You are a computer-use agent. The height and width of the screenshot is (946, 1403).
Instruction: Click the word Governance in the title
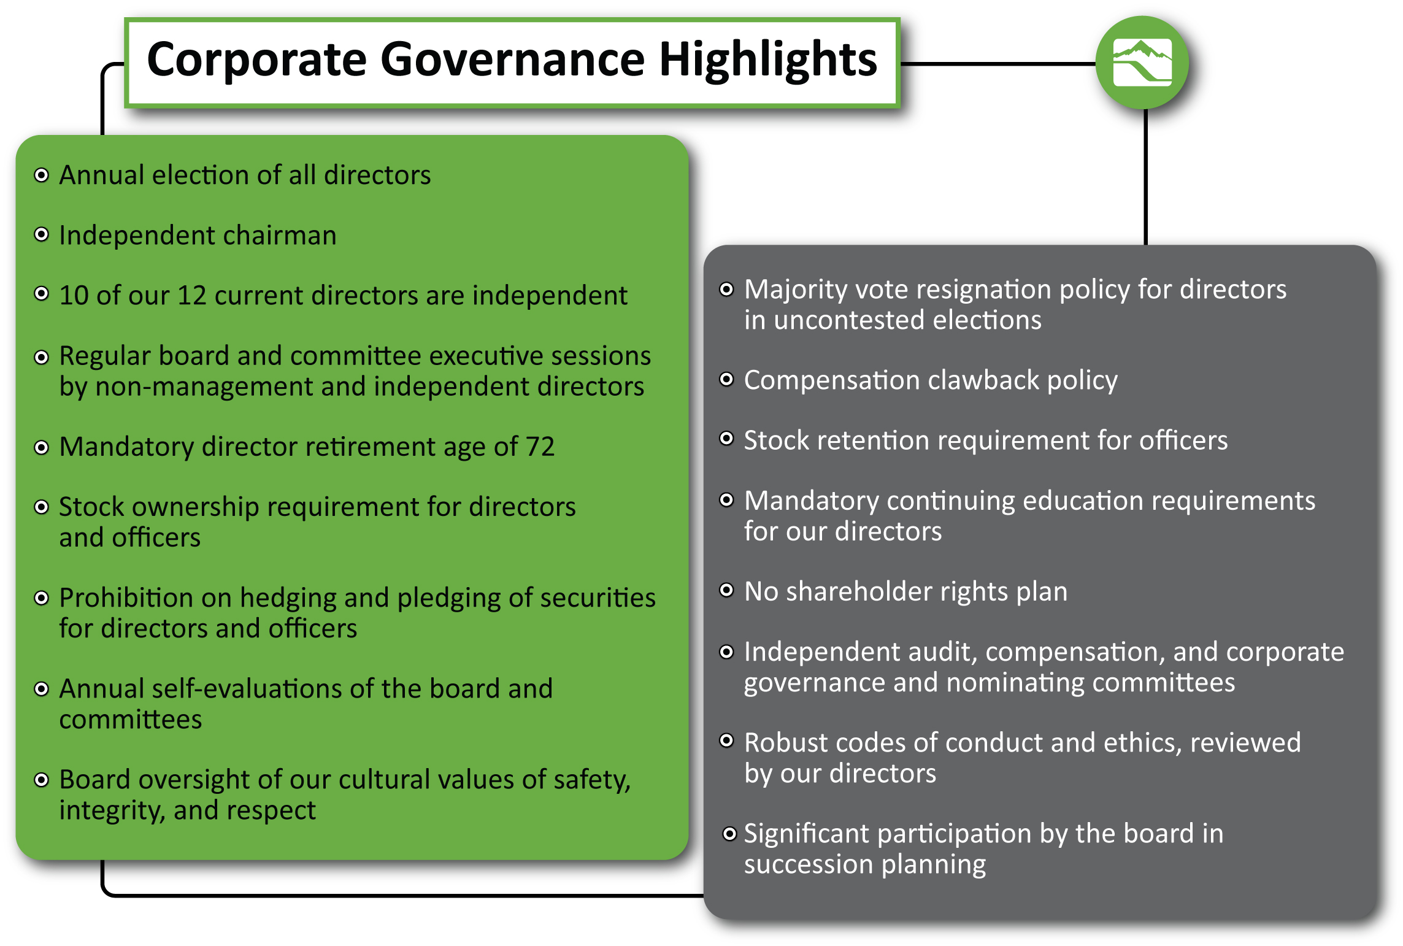click(512, 60)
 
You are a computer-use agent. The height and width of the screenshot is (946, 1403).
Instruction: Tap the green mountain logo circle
click(1142, 63)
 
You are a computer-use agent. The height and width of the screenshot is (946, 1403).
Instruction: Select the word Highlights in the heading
click(768, 60)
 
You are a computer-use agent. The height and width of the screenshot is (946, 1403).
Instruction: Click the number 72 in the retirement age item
click(540, 447)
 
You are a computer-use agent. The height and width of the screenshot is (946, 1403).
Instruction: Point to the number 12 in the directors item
click(191, 296)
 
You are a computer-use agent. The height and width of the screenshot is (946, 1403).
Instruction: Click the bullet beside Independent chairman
click(41, 235)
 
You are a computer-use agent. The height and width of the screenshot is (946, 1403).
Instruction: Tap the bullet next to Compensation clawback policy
click(726, 380)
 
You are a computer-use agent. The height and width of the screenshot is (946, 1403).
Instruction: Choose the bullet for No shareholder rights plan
click(726, 591)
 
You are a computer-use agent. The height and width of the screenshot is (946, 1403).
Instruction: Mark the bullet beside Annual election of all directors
click(41, 175)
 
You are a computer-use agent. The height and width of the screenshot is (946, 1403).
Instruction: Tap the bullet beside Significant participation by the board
click(729, 834)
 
